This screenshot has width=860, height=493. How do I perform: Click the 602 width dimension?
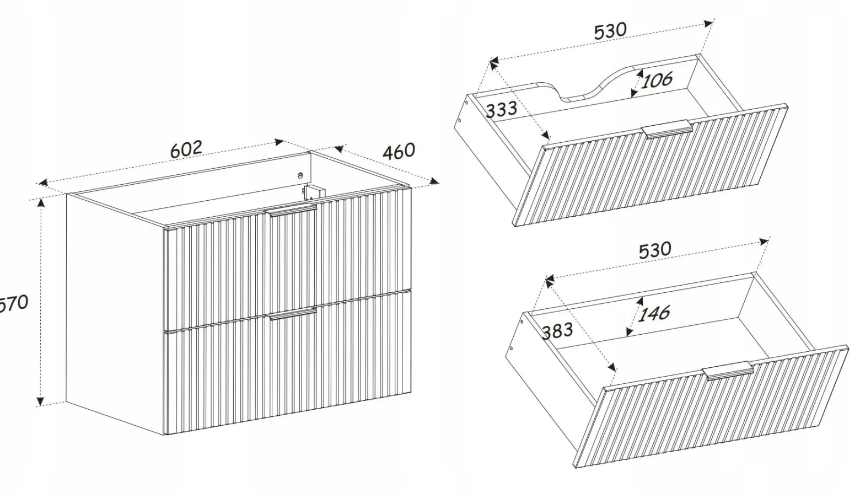coord(186,149)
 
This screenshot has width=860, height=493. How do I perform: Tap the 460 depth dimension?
coord(399,151)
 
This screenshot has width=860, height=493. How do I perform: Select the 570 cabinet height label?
coord(14,303)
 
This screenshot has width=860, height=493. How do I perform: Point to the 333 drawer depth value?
coord(502,109)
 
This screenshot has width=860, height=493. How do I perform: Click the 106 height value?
coord(657,80)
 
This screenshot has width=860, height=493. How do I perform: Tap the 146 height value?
coord(654,313)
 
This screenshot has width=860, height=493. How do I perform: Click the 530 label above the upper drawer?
coord(610,31)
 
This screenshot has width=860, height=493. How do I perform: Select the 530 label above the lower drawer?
coord(655,250)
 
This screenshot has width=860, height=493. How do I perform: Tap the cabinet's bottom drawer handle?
coord(292,314)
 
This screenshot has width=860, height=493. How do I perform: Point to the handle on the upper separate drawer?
coord(668,130)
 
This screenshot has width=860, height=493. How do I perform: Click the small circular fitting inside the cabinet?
coord(300,175)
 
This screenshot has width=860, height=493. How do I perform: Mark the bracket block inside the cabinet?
coord(314,192)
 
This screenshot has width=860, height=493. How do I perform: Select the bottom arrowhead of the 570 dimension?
coord(40,401)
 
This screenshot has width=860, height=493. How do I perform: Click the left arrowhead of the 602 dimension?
coord(42,183)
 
